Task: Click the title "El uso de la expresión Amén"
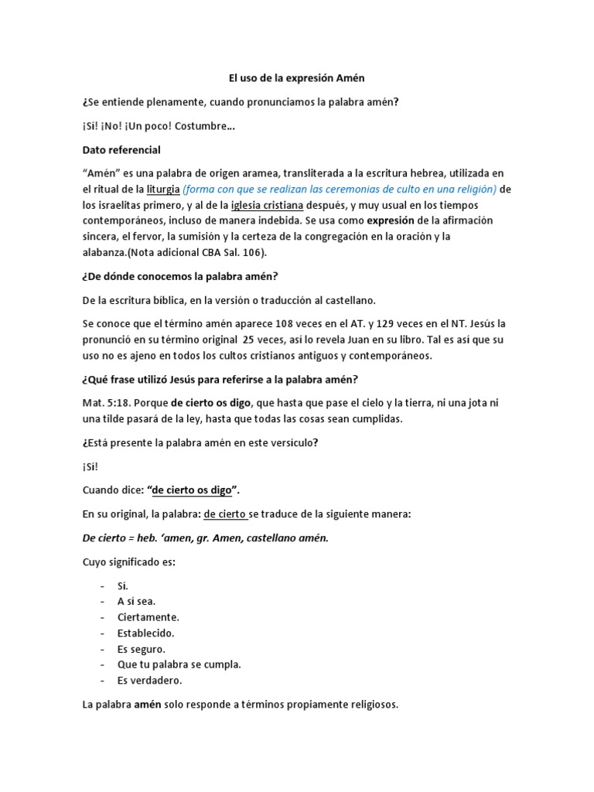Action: pyautogui.click(x=296, y=78)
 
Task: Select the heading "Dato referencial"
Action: pyautogui.click(x=121, y=149)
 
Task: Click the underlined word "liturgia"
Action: pyautogui.click(x=163, y=189)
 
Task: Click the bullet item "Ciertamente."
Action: pyautogui.click(x=148, y=617)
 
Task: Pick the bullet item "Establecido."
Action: pyautogui.click(x=146, y=633)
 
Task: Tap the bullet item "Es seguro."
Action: pyautogui.click(x=142, y=649)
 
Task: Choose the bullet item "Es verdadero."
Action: pyautogui.click(x=150, y=681)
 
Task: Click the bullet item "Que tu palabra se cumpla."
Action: pyautogui.click(x=179, y=664)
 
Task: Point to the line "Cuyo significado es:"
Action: pyautogui.click(x=129, y=562)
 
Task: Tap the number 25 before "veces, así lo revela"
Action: pyautogui.click(x=249, y=340)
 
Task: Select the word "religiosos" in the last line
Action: pyautogui.click(x=374, y=705)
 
